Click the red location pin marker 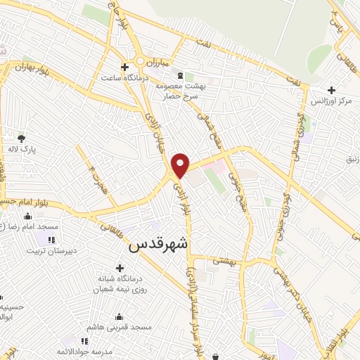(181, 165)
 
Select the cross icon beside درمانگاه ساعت (124, 67)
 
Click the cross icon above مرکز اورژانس (332, 89)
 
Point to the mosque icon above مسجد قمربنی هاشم (118, 316)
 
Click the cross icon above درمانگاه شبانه (120, 269)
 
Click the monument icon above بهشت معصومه (181, 75)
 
